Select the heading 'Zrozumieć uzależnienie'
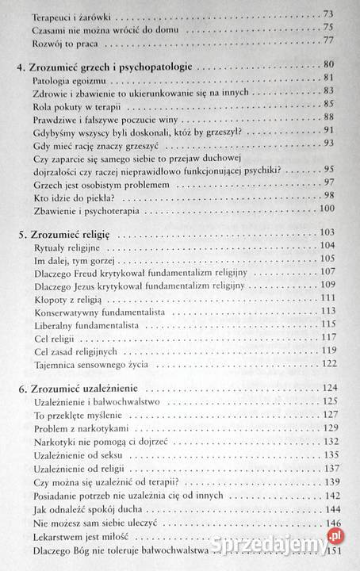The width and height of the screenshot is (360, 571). coord(83,388)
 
